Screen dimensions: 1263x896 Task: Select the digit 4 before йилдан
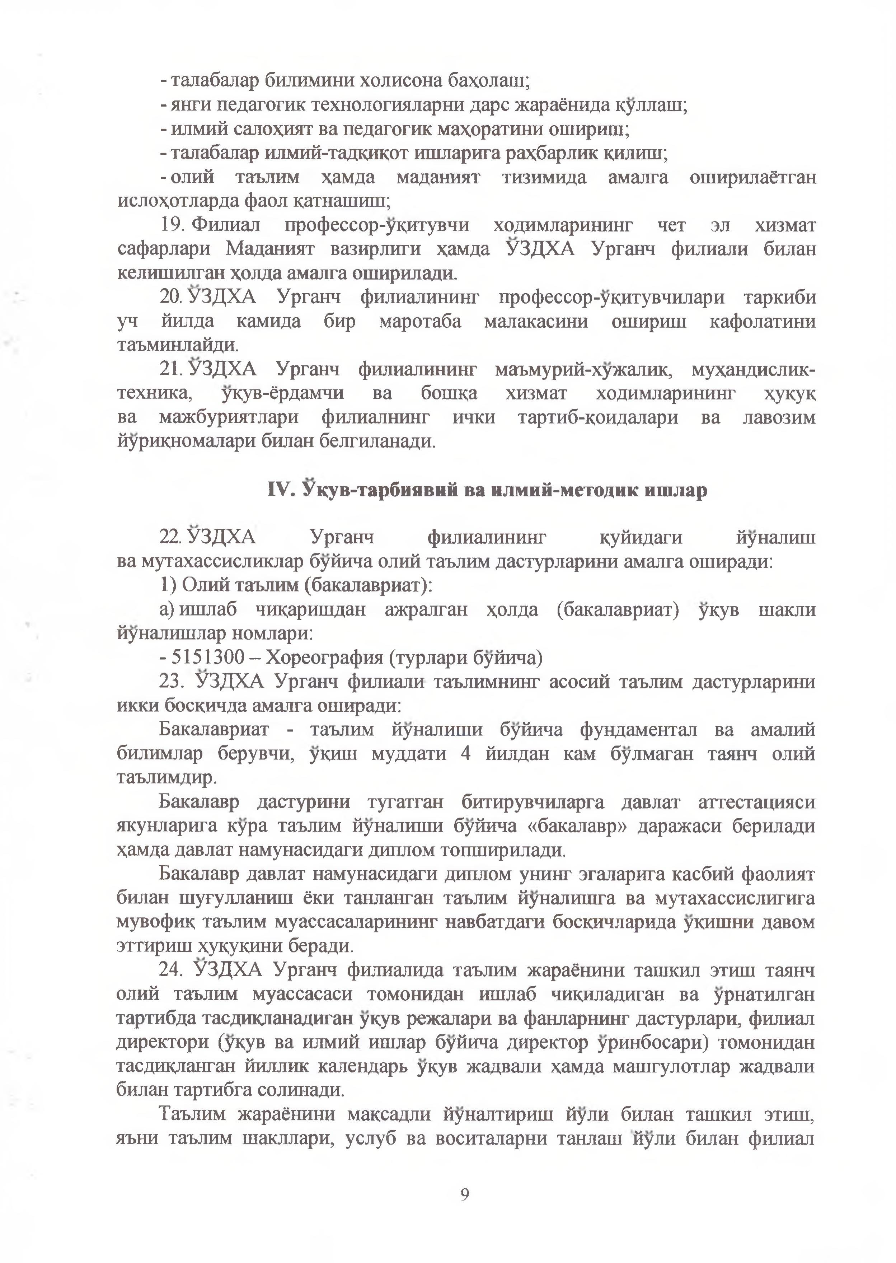coord(466,754)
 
